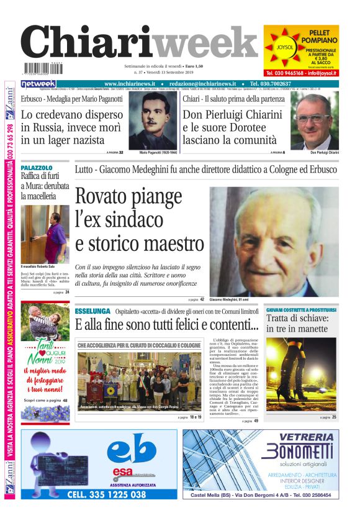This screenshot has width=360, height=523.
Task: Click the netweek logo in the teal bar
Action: (38, 84)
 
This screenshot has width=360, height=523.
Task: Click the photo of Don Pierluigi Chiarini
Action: (315, 121)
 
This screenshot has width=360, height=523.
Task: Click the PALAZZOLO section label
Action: (37, 168)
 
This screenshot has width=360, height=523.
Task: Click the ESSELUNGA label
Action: (92, 311)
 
